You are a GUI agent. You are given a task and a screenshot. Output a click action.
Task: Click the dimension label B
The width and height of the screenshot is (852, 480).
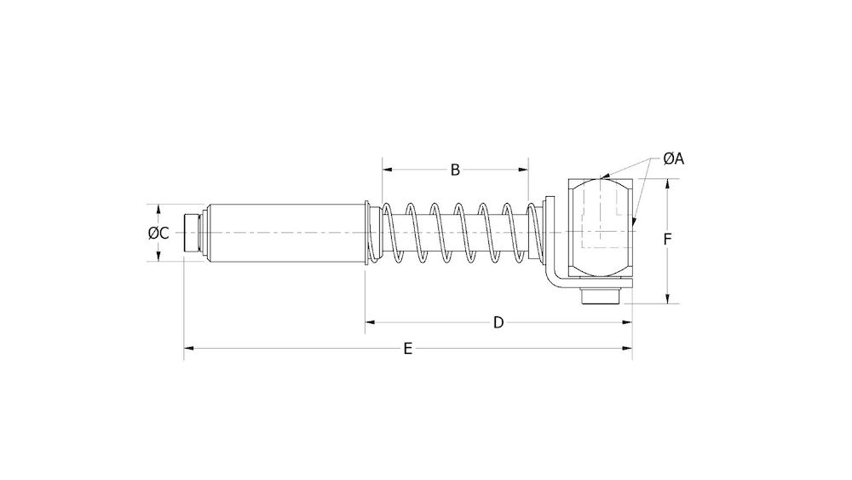pos(455,170)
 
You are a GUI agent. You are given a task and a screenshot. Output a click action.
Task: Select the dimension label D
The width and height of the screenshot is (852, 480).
pos(499,321)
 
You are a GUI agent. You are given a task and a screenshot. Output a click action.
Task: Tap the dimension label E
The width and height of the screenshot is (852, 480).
pos(408,348)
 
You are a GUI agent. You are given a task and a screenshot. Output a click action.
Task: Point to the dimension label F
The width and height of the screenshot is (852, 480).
pos(669,240)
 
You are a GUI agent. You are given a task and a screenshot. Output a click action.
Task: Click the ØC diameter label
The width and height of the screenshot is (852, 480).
pos(158,233)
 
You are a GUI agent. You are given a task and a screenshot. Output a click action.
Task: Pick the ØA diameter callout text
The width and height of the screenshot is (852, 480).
pos(674,159)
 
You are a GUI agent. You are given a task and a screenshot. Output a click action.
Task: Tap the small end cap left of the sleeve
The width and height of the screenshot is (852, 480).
pos(193,233)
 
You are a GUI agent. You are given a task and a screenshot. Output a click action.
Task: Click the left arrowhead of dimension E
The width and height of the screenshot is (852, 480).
pos(188,348)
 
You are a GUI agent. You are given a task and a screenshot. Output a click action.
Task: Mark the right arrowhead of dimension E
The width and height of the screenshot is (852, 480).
pos(628,348)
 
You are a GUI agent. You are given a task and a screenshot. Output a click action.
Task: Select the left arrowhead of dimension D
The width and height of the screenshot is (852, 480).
pos(371,321)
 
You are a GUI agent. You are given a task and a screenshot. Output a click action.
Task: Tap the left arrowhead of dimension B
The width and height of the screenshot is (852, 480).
pos(386,170)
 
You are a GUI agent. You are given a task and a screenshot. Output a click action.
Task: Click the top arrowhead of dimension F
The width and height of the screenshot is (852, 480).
pos(667,182)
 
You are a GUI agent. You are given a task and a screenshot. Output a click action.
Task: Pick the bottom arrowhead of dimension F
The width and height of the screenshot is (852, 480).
pos(667,298)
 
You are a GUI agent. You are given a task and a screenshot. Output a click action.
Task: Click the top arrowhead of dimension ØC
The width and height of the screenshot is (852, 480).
pos(158,208)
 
